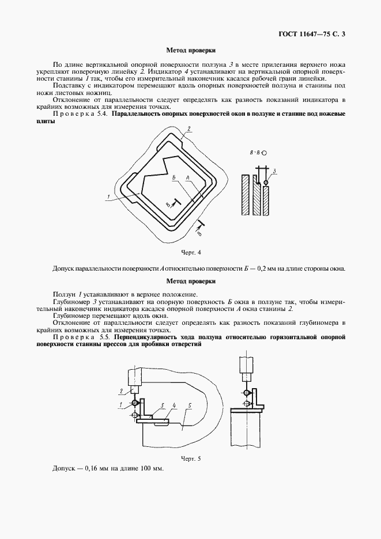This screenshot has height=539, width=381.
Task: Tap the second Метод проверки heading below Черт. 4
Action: (190, 281)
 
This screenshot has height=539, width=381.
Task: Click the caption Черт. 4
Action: (191, 252)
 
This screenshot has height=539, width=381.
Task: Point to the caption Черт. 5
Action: (191, 458)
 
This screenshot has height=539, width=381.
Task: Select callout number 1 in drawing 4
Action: (108, 198)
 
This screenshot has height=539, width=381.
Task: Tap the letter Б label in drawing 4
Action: (173, 179)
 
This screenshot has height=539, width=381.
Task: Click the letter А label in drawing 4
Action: (188, 179)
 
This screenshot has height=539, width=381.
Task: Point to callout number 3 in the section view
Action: (275, 171)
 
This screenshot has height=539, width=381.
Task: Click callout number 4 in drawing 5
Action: (173, 405)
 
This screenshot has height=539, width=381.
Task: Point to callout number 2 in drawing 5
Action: (122, 391)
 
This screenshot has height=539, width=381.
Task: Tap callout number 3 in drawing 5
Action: (163, 405)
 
